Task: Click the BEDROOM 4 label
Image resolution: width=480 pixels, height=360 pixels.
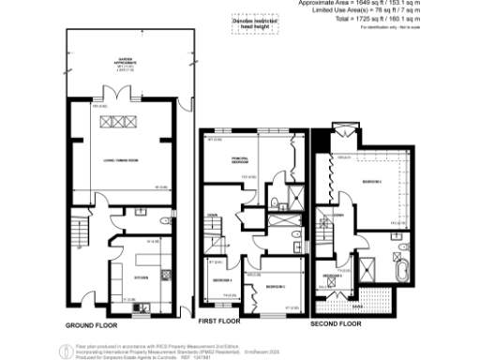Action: [221, 281]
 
